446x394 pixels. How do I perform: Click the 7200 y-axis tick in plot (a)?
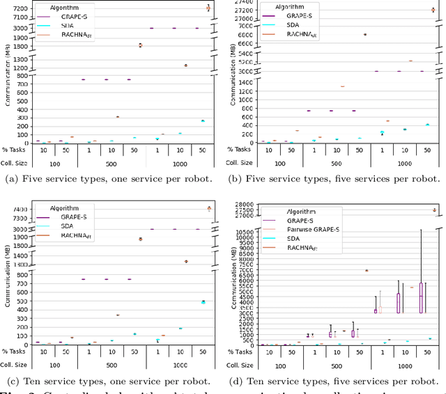tap(20, 8)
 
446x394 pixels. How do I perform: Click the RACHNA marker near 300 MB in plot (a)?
tap(117, 117)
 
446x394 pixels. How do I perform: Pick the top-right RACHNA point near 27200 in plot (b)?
tap(433, 10)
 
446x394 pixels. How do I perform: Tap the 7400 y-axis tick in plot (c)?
tap(20, 210)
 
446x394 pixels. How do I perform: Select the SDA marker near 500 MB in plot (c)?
tap(203, 302)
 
